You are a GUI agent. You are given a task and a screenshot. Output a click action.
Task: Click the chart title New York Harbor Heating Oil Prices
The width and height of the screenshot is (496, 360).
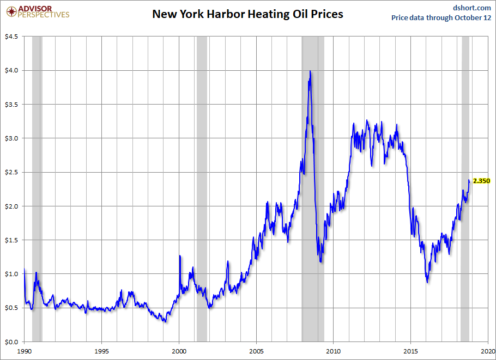pos(247,14)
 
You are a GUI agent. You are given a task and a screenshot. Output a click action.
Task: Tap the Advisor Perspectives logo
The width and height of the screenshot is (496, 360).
pos(38,11)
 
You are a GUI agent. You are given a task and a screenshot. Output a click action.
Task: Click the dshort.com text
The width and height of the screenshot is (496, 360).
pos(472,7)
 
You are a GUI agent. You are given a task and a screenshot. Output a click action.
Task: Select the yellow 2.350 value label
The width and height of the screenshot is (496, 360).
pos(481,181)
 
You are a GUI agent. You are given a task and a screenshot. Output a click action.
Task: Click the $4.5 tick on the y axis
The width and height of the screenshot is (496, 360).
pos(11,36)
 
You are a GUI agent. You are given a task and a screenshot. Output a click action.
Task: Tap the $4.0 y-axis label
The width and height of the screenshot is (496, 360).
pos(11,70)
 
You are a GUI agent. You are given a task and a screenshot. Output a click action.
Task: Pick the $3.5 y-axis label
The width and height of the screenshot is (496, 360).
pos(11,104)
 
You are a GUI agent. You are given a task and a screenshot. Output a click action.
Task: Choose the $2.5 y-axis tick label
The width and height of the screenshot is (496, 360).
pos(11,172)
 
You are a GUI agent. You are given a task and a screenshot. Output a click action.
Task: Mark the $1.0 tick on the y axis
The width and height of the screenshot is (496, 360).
pos(11,274)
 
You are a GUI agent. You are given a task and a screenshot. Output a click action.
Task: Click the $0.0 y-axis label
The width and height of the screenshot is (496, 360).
pos(11,342)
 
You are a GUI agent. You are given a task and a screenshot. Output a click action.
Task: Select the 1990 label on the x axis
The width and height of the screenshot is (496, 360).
pos(25,351)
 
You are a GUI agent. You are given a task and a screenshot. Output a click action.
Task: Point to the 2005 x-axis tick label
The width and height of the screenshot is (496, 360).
pos(256,351)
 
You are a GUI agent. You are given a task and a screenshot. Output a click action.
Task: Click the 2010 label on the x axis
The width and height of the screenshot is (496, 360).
pos(334,351)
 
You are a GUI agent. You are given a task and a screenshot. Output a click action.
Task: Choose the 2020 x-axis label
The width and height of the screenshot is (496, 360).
pos(488,351)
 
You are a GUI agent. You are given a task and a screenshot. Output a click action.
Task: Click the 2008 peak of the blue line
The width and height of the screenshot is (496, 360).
pos(310,71)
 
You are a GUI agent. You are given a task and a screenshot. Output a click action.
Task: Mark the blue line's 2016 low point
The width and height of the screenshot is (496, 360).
pos(427,282)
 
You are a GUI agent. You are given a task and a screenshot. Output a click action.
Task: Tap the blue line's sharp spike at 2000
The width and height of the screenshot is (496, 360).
pos(180,255)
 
